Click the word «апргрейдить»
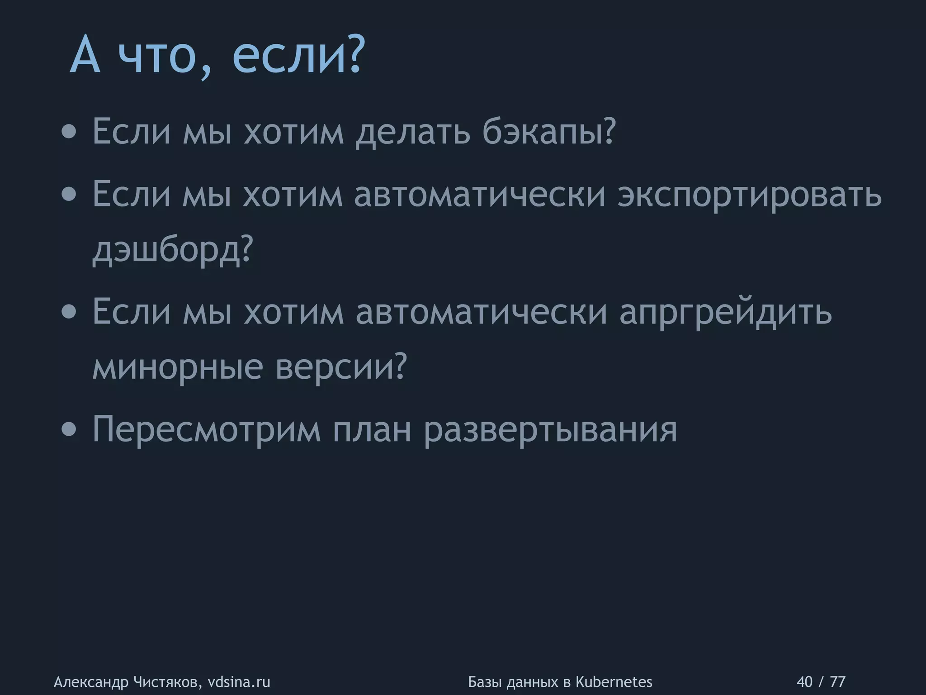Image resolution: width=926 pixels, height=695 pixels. (725, 313)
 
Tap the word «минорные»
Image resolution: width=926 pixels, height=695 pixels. (177, 367)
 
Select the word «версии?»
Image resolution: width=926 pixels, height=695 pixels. (341, 367)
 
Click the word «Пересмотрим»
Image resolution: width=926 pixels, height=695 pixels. (207, 429)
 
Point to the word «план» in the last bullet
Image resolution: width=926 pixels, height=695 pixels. (372, 429)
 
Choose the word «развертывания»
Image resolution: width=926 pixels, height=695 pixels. (550, 429)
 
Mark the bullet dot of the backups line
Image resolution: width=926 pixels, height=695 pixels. (69, 133)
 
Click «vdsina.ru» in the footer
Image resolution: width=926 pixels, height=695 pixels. (239, 681)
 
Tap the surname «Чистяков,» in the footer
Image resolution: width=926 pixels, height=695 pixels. (166, 681)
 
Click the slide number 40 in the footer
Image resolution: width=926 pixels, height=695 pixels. (804, 681)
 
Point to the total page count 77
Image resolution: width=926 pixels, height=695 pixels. (838, 681)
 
